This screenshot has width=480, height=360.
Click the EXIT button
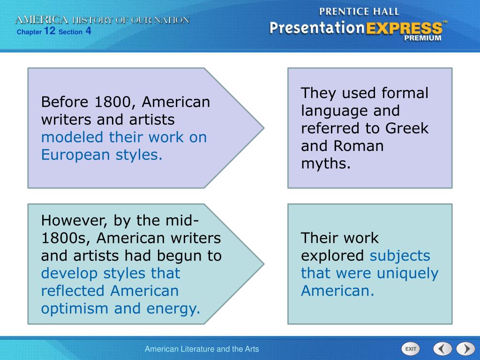(411, 349)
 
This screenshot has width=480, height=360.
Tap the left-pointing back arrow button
(442, 349)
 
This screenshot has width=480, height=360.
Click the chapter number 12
(50, 30)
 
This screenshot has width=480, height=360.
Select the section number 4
(88, 30)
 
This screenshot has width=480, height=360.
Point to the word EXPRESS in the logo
(404, 29)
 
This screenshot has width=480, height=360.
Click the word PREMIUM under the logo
(423, 38)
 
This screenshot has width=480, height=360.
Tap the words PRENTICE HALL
(359, 12)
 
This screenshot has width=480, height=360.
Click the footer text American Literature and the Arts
(202, 349)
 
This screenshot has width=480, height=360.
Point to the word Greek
(407, 128)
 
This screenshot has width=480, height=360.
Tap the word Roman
(359, 146)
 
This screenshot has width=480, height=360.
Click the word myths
(325, 164)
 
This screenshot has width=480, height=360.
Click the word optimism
(75, 309)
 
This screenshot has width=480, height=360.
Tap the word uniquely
(408, 273)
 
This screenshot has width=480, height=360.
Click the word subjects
(400, 256)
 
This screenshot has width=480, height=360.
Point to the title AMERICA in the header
(42, 20)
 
